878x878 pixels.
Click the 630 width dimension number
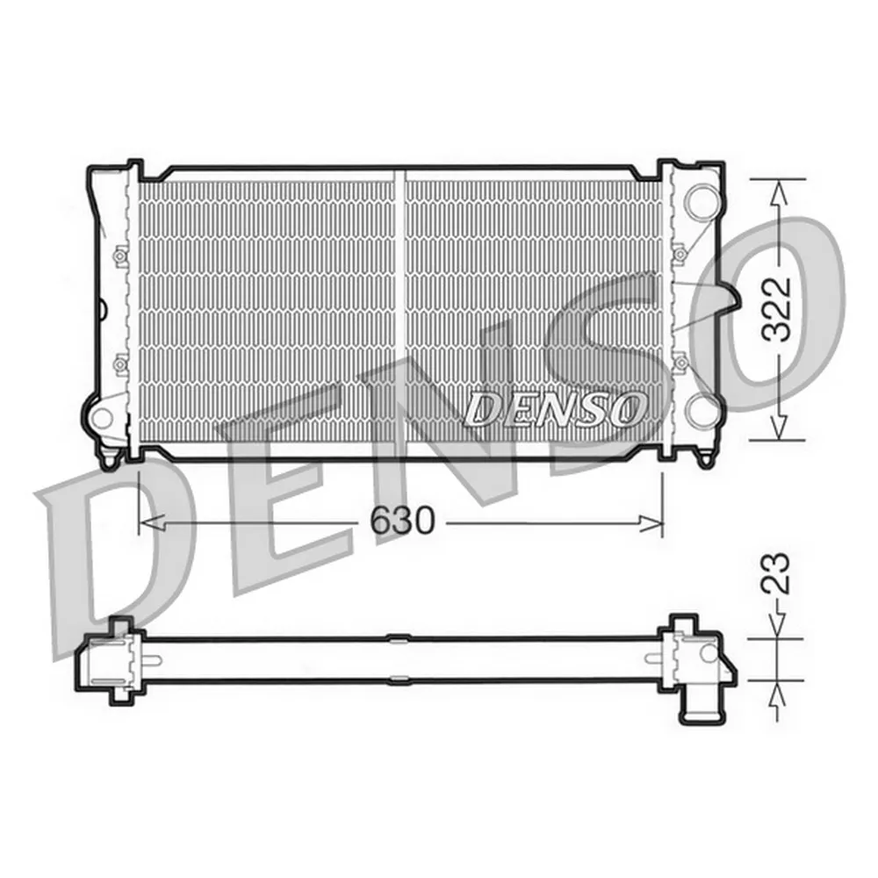tap(402, 522)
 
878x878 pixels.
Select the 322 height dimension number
tap(777, 309)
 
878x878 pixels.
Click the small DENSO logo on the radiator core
tap(555, 408)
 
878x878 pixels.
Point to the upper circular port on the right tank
tap(702, 199)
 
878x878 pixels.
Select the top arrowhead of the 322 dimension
tap(777, 188)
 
